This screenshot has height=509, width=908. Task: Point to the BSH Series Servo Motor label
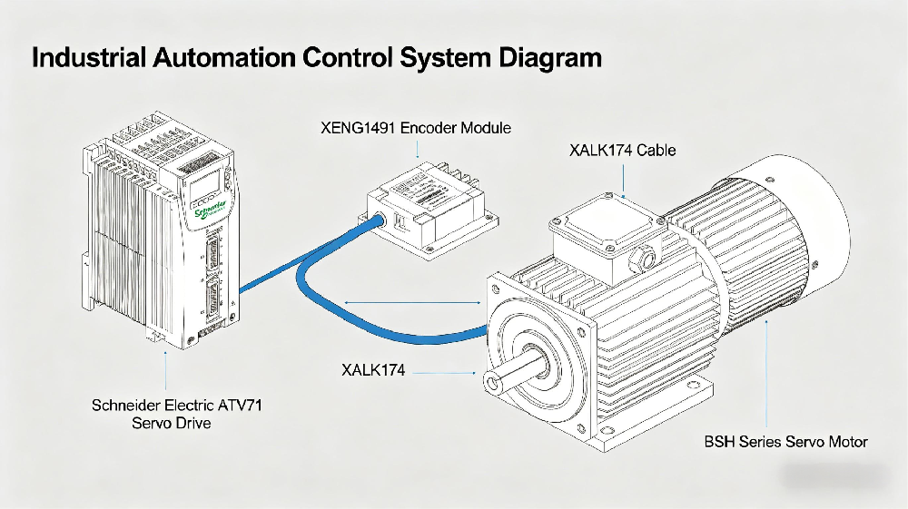[x=786, y=443]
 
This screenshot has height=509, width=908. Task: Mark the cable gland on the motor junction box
[x=646, y=259]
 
